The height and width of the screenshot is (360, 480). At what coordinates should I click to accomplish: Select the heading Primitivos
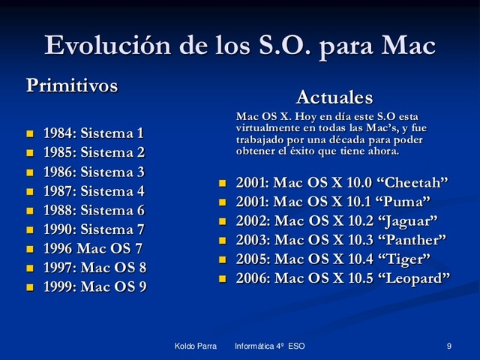72,85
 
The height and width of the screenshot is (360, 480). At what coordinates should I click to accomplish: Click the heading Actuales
334,97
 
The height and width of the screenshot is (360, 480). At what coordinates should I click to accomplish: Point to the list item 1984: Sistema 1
93,134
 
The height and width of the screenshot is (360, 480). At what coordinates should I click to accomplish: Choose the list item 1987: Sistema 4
93,191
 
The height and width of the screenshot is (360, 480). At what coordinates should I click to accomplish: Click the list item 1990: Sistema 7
93,229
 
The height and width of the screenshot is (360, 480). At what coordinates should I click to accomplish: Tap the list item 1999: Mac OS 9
94,286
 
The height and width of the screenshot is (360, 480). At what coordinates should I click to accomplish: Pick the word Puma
405,202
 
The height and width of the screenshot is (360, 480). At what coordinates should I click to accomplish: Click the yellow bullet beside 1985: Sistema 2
30,154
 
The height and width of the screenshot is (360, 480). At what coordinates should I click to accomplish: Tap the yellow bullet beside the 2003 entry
222,241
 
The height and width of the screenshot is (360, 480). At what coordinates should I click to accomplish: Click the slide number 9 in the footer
448,346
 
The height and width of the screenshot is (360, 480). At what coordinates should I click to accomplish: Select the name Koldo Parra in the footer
196,346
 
